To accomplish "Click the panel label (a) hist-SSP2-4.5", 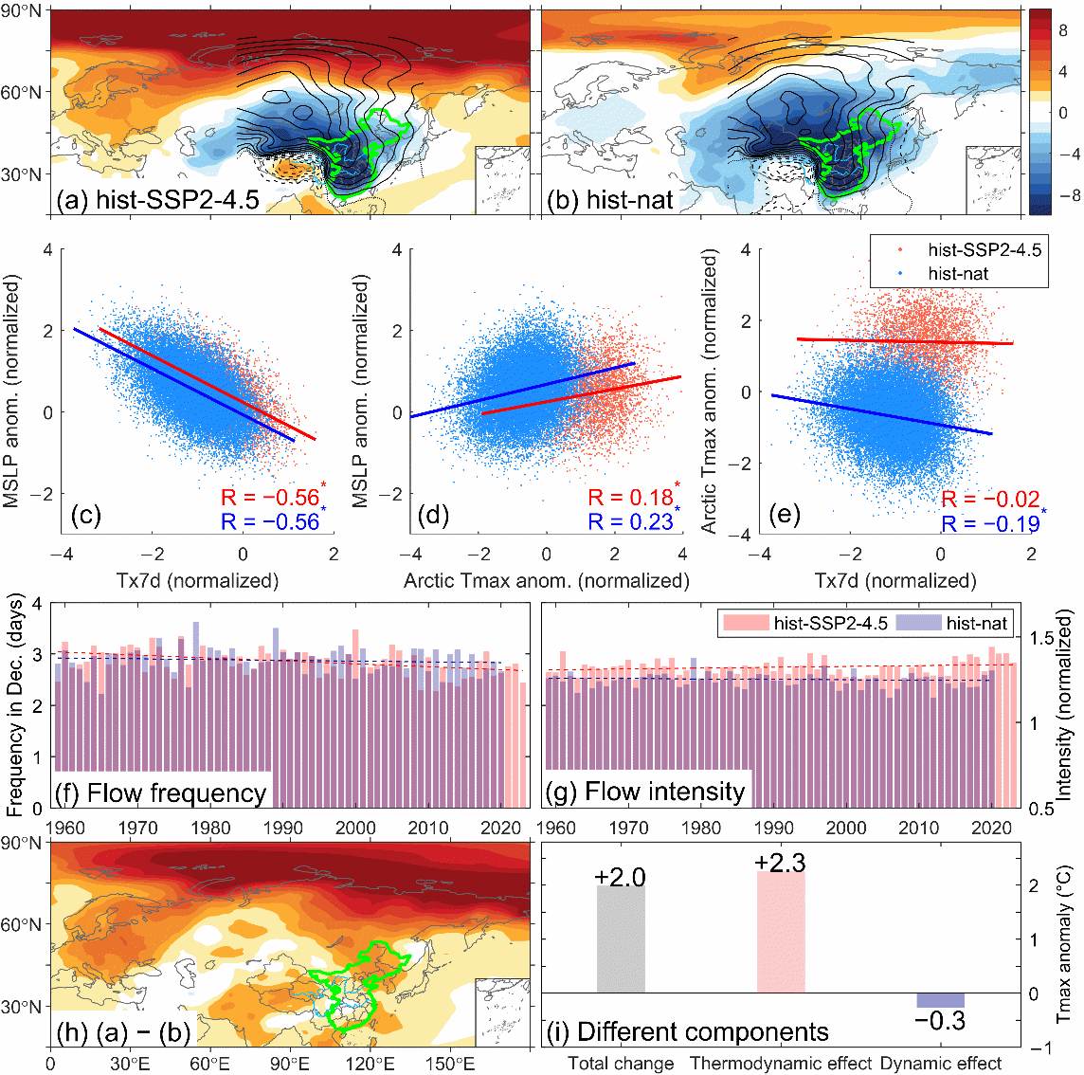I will click(x=157, y=200).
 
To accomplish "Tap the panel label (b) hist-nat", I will click(x=617, y=200).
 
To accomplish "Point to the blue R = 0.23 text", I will click(x=630, y=522).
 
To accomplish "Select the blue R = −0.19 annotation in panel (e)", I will click(x=990, y=524).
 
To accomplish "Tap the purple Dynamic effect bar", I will click(x=940, y=1000).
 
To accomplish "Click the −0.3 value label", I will click(x=940, y=1021).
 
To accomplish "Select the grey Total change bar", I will click(x=621, y=939).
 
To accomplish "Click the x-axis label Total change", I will click(x=621, y=1064).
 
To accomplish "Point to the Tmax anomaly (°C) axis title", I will click(x=1065, y=944).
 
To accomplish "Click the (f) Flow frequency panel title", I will click(x=161, y=793).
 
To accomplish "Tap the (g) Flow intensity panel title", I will click(x=646, y=792).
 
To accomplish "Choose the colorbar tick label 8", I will click(x=1063, y=31).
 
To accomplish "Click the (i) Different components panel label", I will click(x=687, y=1031).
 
